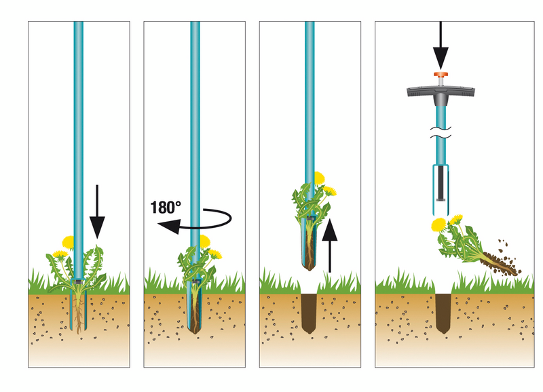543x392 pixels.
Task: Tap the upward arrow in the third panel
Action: [x=329, y=244]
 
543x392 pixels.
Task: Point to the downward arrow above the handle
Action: [x=441, y=44]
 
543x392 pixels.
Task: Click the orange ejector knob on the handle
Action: [x=441, y=76]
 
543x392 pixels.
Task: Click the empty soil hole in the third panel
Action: [x=310, y=309]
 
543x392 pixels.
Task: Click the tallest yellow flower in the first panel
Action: [x=68, y=241]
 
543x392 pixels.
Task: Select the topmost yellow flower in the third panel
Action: [x=317, y=178]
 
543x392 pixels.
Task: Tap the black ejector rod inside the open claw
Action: [x=441, y=183]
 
